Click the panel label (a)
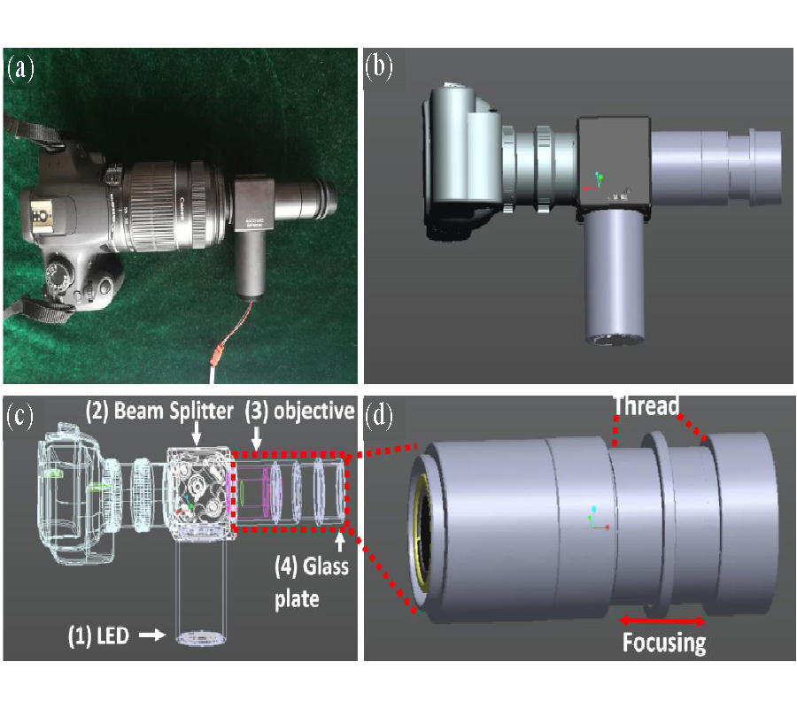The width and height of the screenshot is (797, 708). [19, 69]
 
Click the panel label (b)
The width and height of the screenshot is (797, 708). [379, 69]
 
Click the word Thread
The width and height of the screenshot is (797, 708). [646, 406]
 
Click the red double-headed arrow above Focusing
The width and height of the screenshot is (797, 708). [662, 619]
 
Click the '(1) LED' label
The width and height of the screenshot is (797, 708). [104, 635]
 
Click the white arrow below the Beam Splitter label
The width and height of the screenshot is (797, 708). [197, 435]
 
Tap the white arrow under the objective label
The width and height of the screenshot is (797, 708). [257, 436]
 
